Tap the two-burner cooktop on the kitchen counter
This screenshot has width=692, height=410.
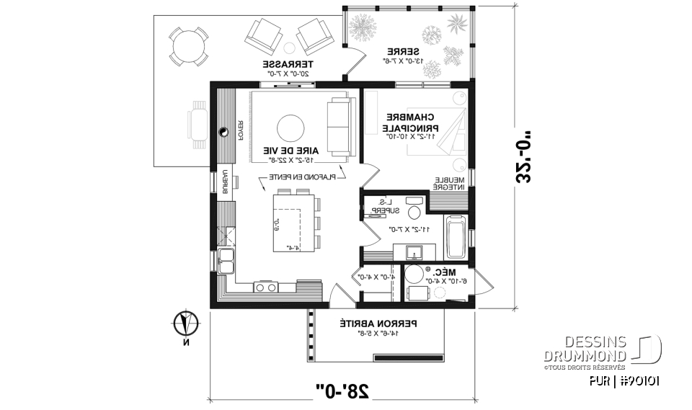pyautogui.click(x=265, y=288)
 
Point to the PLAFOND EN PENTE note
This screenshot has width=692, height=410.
pyautogui.click(x=301, y=176)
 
